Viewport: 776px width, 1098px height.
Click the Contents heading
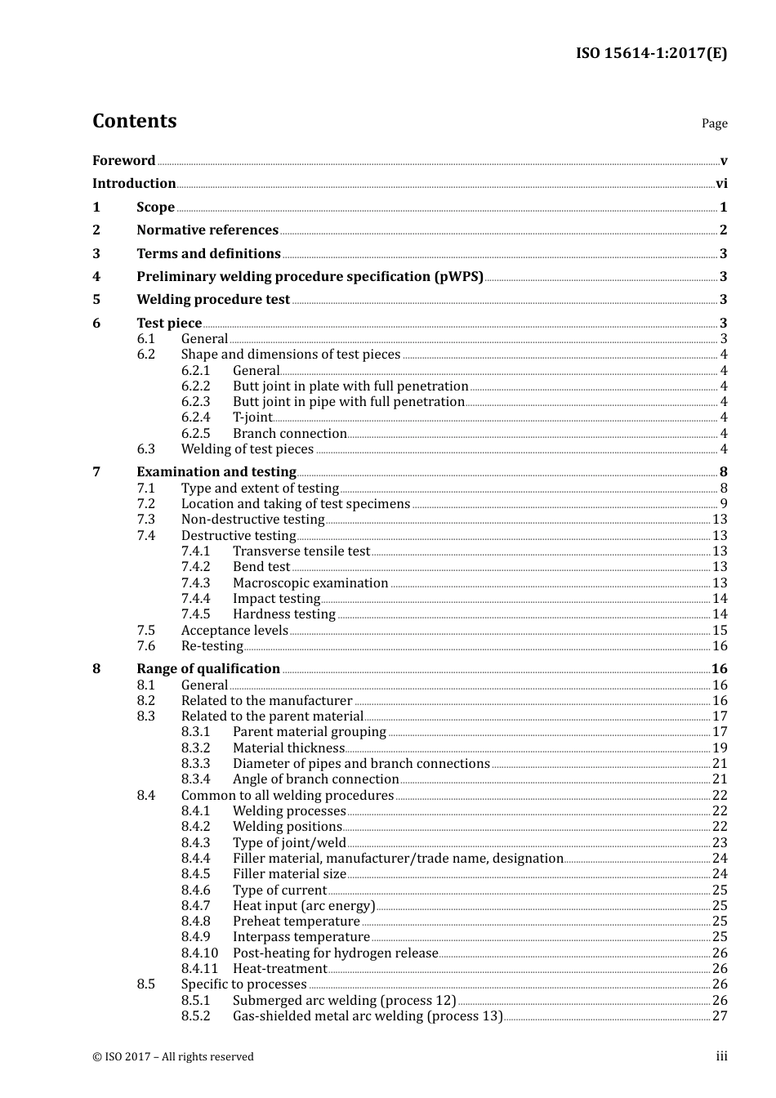click(x=134, y=121)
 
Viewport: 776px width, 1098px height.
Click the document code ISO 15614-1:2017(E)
click(x=651, y=54)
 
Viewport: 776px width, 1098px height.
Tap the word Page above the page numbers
click(x=714, y=123)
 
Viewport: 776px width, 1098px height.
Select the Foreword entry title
click(x=123, y=161)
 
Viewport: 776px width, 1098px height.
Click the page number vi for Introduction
click(x=721, y=184)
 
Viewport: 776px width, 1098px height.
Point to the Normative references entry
click(x=207, y=230)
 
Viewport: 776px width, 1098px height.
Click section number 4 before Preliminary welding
click(x=96, y=277)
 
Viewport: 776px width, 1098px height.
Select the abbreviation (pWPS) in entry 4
click(x=457, y=277)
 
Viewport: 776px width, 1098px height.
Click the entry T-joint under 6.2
click(x=252, y=417)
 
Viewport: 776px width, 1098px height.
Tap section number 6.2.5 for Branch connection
click(x=195, y=434)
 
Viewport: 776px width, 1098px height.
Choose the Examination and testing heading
click(x=216, y=472)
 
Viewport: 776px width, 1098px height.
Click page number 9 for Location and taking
click(x=724, y=504)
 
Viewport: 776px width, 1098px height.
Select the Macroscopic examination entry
click(x=310, y=583)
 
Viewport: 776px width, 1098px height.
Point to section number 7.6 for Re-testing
click(x=145, y=646)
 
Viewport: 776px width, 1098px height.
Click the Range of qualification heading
click(x=208, y=669)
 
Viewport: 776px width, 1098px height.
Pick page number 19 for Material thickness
click(x=720, y=748)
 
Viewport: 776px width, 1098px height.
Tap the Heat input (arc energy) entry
click(x=304, y=906)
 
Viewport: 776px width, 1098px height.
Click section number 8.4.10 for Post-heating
click(x=199, y=953)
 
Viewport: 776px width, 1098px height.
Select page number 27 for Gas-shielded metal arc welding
click(x=720, y=1016)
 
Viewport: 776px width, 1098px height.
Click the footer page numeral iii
click(x=721, y=1056)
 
